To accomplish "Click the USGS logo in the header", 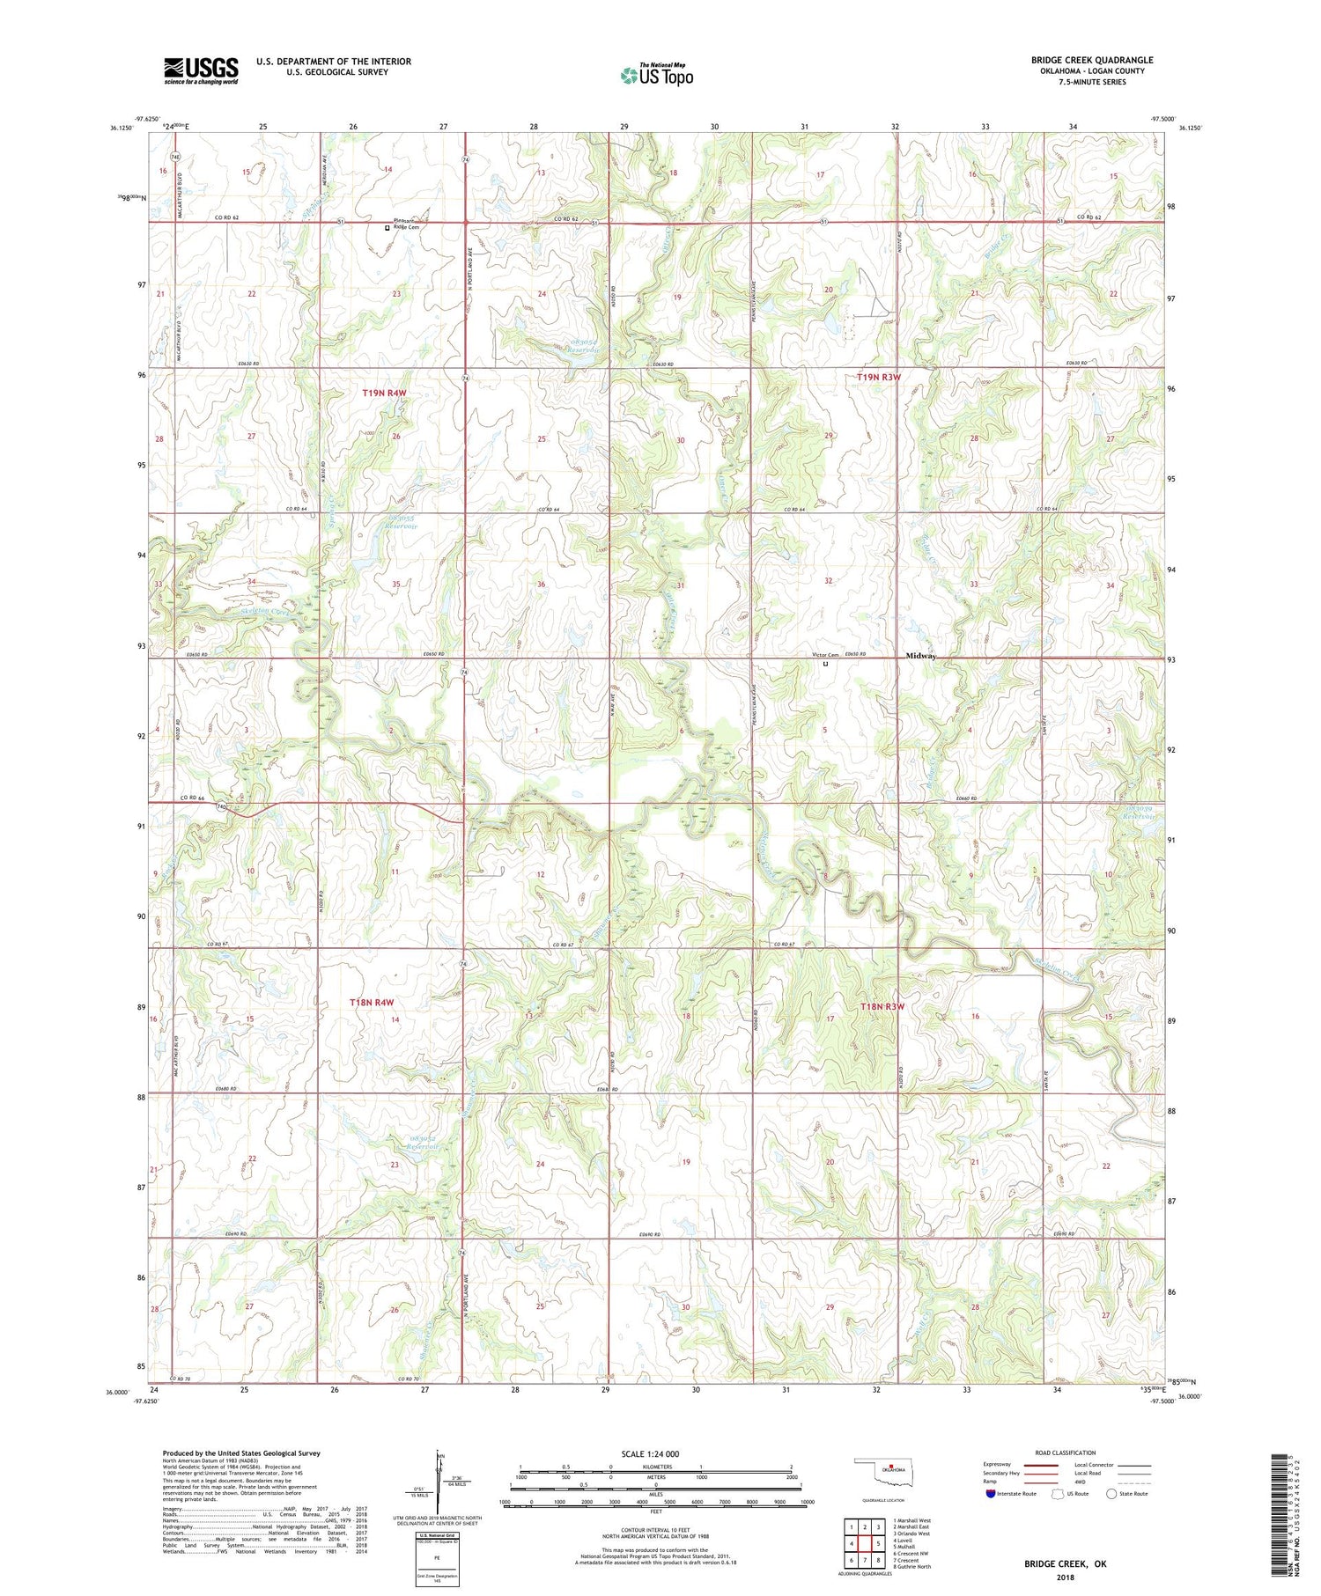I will click(x=201, y=70).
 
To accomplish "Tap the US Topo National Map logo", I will click(x=656, y=76).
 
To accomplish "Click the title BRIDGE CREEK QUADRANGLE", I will click(x=1092, y=61).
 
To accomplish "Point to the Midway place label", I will click(x=920, y=656).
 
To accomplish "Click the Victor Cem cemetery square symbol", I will click(x=825, y=665).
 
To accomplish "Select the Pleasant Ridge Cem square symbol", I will click(x=387, y=228).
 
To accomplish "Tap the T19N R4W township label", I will click(x=384, y=393).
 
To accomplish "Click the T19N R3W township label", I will click(x=879, y=378).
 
